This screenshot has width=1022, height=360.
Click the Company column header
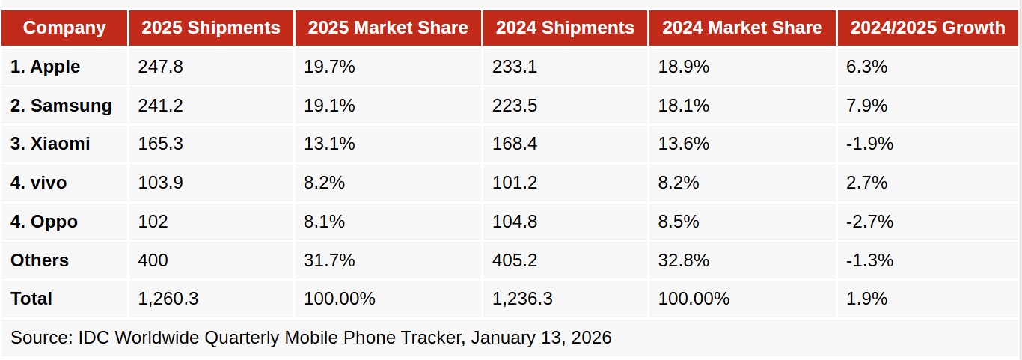64,28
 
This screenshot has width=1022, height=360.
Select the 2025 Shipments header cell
211,28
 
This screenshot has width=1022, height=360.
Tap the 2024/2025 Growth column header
928,28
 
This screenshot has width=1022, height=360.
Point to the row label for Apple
46,67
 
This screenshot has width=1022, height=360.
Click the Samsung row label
61,106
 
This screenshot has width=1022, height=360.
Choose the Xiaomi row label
50,144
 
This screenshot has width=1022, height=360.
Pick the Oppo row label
44,222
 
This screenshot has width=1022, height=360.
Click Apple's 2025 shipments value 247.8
160,67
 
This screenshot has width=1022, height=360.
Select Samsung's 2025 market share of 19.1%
329,106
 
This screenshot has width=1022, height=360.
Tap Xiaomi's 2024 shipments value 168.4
515,144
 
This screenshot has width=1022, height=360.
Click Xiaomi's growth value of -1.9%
869,144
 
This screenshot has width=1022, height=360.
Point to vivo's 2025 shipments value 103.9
160,183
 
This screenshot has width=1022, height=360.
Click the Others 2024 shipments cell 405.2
515,260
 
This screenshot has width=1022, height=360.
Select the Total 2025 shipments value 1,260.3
168,299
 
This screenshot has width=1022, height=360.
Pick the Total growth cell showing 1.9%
866,299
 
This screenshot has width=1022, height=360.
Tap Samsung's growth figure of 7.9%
866,106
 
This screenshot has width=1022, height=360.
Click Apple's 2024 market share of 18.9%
683,67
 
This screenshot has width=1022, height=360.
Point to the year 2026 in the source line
591,338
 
